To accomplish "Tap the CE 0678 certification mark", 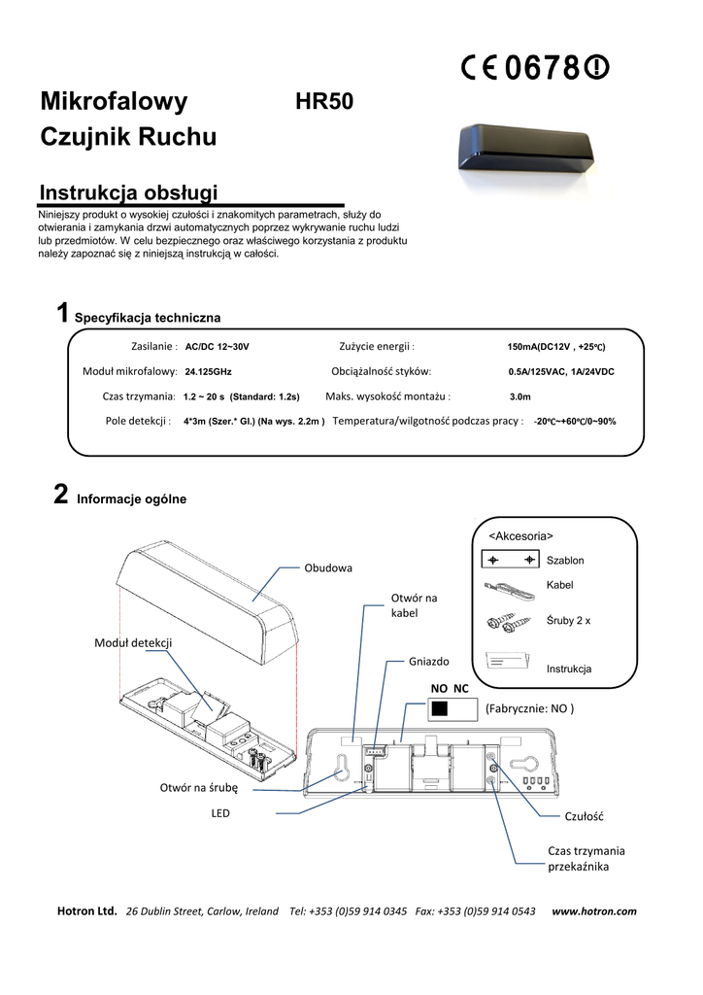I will click(535, 67).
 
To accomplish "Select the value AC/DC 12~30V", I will click(223, 347).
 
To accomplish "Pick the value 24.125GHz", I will click(208, 371).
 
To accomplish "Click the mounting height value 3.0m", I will click(520, 396).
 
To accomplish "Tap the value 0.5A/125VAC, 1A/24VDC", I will click(561, 372).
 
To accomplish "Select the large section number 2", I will click(60, 497).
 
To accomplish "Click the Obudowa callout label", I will click(328, 567).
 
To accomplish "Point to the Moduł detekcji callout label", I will click(133, 643).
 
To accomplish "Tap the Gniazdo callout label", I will click(429, 661).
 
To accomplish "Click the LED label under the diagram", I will click(220, 812).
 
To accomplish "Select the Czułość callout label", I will click(585, 817).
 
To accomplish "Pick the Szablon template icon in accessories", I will click(510, 561).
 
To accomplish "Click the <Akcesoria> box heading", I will click(520, 535).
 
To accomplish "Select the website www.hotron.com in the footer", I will click(594, 910).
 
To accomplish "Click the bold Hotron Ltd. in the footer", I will click(87, 910).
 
